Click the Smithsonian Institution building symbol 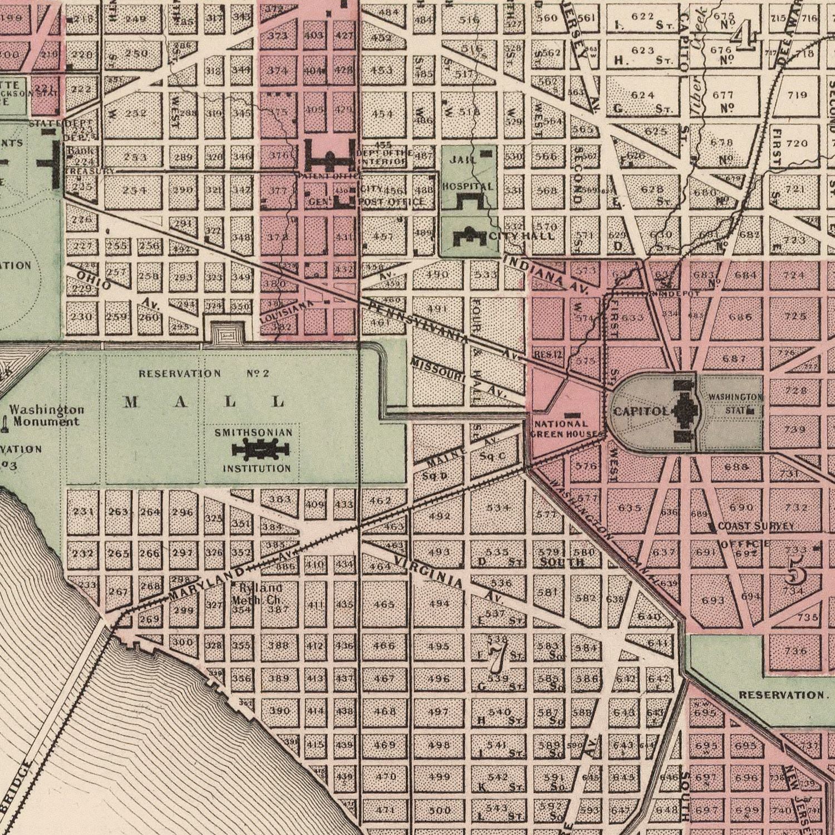pyautogui.click(x=260, y=449)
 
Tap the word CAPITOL pyautogui.click(x=641, y=412)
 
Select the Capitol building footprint pyautogui.click(x=683, y=411)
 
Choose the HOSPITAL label pyautogui.click(x=468, y=187)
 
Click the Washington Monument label pyautogui.click(x=47, y=416)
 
